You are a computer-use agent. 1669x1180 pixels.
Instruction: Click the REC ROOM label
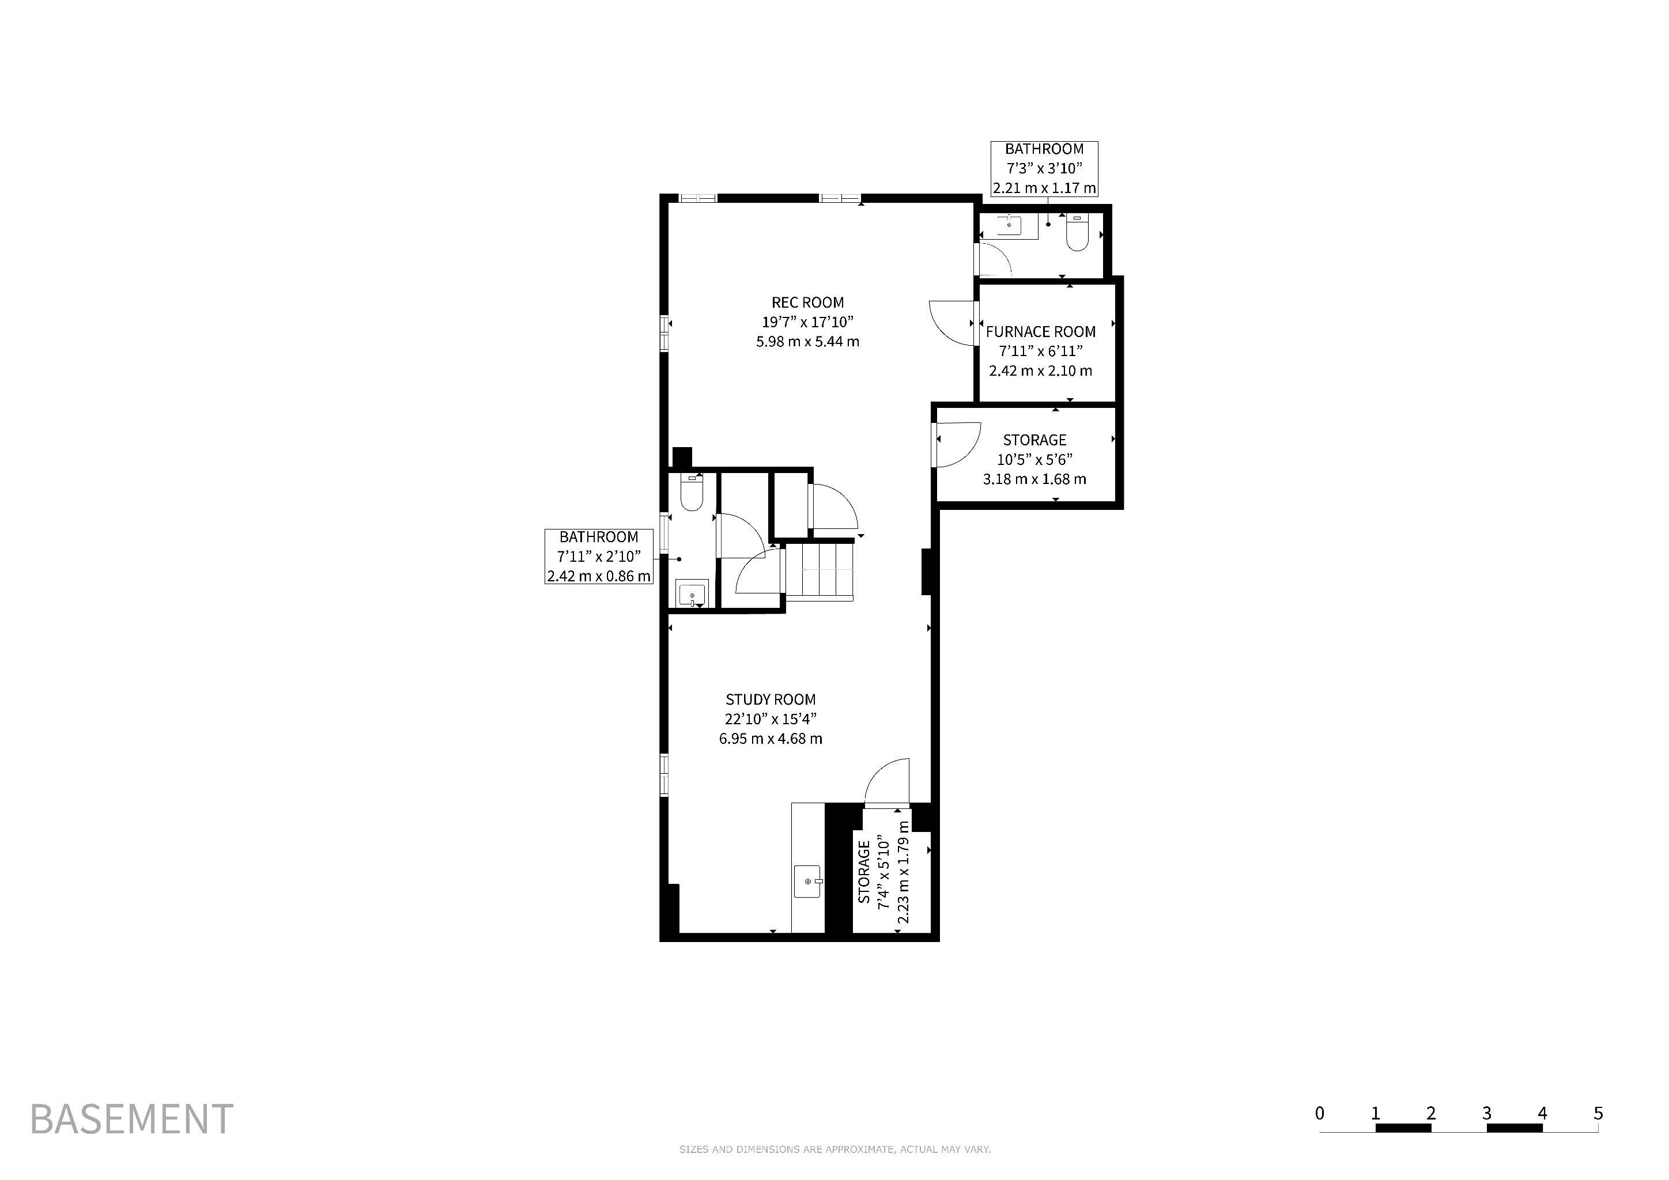[x=807, y=302]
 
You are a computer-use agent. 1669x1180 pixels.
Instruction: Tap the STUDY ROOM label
[x=771, y=699]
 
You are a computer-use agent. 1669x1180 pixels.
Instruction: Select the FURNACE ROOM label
[x=1040, y=332]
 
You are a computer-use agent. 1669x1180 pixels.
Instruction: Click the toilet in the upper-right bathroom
[x=1077, y=233]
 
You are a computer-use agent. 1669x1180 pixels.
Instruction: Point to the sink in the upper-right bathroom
[x=1009, y=226]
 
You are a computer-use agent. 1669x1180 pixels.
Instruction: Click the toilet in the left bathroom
[x=692, y=492]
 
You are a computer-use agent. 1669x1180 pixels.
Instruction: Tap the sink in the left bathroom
[x=692, y=593]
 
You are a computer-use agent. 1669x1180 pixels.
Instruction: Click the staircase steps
[x=820, y=571]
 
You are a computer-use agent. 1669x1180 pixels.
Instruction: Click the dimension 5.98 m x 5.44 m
[x=807, y=342]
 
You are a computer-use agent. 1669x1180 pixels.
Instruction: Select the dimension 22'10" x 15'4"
[x=771, y=718]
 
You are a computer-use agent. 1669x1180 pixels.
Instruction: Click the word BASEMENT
[x=131, y=1119]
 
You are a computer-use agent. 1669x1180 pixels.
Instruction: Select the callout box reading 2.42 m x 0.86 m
[x=599, y=557]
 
